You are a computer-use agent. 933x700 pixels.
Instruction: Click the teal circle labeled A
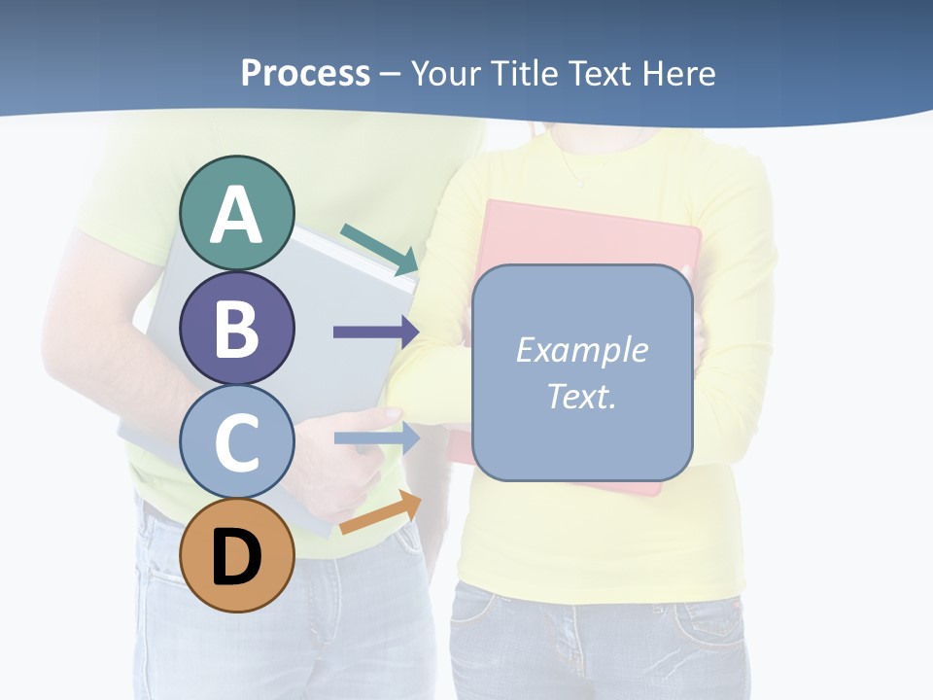coord(236,213)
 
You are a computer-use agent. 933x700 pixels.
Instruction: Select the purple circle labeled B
coord(236,328)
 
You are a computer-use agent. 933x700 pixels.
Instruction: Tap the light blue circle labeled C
coord(236,441)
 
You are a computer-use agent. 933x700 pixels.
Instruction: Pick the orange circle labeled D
coord(236,555)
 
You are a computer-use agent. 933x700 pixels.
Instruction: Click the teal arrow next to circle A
coord(380,249)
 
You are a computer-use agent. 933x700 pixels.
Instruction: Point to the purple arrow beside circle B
coord(375,332)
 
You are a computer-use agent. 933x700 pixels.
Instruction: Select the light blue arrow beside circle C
coord(375,438)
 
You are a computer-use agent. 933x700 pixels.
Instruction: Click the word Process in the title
coord(305,73)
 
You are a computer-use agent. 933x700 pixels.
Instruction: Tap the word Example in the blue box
coord(581,350)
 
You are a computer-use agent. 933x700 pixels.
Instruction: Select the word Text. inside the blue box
coord(581,396)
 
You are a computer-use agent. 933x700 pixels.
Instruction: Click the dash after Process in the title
coord(390,74)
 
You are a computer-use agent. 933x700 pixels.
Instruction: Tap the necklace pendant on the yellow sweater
coord(581,183)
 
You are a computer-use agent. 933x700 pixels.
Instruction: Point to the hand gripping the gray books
coord(350,467)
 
